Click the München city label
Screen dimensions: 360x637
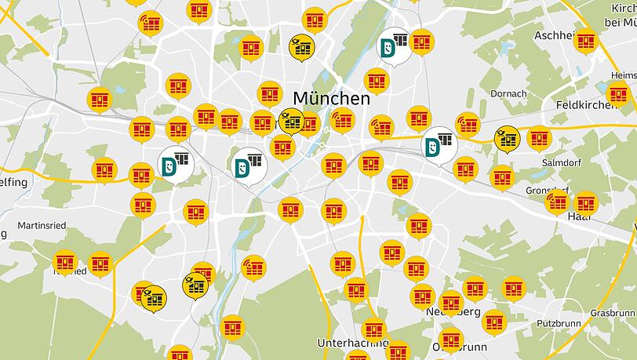click(331, 98)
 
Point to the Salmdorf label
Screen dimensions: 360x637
click(559, 162)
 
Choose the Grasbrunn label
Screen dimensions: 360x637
click(612, 312)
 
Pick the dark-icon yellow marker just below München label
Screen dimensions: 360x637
click(291, 122)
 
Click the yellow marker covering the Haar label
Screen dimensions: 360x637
click(585, 203)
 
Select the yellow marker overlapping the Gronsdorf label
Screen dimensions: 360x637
click(556, 200)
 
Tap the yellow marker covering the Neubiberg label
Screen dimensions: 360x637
click(450, 302)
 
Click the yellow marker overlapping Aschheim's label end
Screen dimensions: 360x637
click(585, 40)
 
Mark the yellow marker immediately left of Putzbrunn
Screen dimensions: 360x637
click(493, 321)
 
